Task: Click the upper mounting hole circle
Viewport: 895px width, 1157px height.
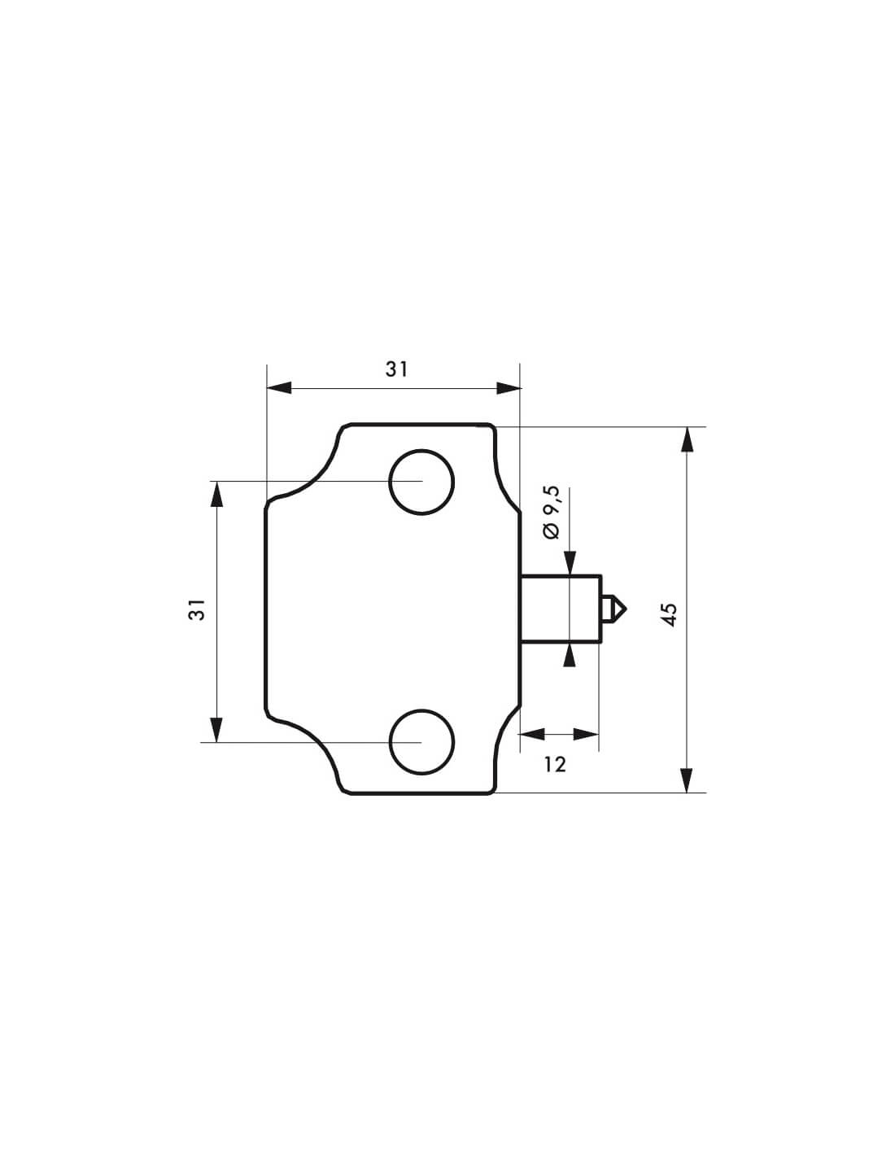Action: tap(421, 451)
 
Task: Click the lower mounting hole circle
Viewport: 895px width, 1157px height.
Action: tap(421, 710)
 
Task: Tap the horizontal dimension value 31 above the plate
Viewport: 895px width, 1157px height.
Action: tap(397, 369)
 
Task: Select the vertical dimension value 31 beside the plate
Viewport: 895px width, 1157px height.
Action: tap(196, 609)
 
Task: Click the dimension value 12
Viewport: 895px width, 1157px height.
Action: tap(555, 765)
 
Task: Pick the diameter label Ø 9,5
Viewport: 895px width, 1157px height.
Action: tap(552, 513)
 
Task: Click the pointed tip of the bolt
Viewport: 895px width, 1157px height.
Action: tap(626, 608)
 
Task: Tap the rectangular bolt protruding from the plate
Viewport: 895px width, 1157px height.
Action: tap(561, 609)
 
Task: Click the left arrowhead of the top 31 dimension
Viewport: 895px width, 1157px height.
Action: tap(279, 388)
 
